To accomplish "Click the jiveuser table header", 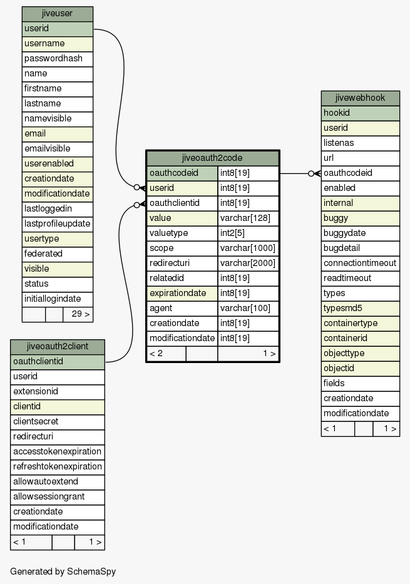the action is (x=58, y=14).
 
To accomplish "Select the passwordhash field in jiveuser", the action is (x=58, y=59).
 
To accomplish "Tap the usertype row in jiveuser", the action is (x=58, y=239).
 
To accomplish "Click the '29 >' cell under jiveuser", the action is (x=78, y=314).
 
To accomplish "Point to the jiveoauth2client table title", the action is (x=58, y=347).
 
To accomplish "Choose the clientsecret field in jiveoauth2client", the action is (x=58, y=422).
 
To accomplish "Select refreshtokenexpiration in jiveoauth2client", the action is (x=58, y=467).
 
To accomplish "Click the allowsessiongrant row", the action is (x=58, y=497).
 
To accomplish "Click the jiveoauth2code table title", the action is (x=213, y=158).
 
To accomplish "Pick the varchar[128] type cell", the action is (x=248, y=218).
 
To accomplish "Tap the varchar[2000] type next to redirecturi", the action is (x=248, y=264).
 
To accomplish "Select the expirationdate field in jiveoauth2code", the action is (x=182, y=294).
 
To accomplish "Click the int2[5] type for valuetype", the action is (x=248, y=233).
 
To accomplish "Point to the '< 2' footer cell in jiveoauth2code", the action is (x=167, y=354).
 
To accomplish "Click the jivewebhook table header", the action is (x=360, y=98).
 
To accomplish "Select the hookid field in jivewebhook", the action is (x=360, y=113).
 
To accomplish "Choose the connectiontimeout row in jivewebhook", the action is (x=360, y=264).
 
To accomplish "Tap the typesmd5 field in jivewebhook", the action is (x=360, y=309).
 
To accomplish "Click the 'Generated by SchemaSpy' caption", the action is (x=63, y=571).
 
